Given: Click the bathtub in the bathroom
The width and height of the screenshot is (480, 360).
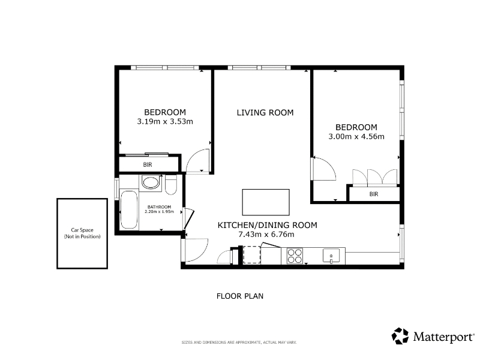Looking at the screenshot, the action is point(129,209).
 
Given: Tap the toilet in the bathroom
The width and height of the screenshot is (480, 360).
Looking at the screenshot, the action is point(171,185).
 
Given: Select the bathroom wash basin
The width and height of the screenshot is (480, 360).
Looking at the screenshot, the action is point(151,183).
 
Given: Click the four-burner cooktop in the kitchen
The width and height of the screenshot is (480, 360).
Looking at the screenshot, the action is point(295,256).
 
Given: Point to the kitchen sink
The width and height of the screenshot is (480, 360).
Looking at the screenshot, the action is point(331,256).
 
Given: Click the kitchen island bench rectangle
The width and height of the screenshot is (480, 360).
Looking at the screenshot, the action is point(266,202).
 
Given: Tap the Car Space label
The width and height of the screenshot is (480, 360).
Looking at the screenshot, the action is point(82,230).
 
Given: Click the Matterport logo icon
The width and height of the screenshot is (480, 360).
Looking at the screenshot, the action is point(400,336).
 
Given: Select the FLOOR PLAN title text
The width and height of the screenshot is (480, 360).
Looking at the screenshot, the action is point(240,296).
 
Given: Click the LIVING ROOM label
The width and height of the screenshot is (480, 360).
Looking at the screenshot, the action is point(265,113).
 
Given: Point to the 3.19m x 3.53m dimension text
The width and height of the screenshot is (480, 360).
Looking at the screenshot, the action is point(165,122).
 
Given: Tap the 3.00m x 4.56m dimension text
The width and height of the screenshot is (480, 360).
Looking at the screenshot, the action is point(356,137).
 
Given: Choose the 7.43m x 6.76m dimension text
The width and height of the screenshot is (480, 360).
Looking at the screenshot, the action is point(266,235).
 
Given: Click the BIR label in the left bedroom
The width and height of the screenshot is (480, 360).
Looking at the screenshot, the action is point(148,164).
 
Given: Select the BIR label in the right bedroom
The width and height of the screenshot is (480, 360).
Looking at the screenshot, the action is point(374,194).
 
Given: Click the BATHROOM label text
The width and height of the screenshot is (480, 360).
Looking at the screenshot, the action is point(159,207).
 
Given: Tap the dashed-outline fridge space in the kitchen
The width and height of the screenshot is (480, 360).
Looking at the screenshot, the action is point(251,254).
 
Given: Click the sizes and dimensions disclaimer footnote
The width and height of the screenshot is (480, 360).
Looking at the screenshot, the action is point(239,342).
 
